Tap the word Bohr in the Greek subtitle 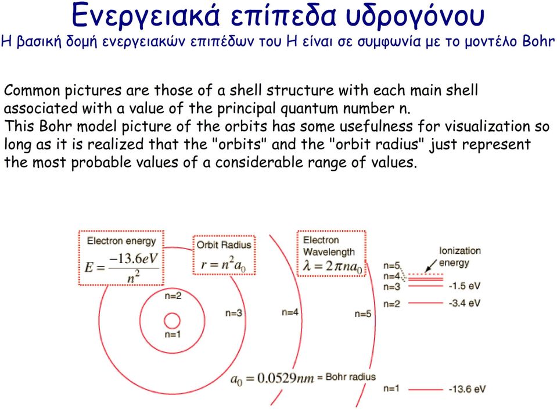[x=538, y=42]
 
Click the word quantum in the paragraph [x=309, y=109]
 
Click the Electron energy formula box [x=121, y=258]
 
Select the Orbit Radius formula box [x=224, y=255]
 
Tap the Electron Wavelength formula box [x=332, y=254]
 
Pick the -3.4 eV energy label [x=465, y=303]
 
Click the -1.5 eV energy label [x=465, y=286]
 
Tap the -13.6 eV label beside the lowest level [x=467, y=389]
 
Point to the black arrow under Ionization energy [x=431, y=266]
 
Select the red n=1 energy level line [x=426, y=390]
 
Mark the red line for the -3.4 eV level [x=426, y=303]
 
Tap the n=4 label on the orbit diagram [x=290, y=312]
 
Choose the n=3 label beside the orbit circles [x=233, y=313]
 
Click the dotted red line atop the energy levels [x=426, y=274]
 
